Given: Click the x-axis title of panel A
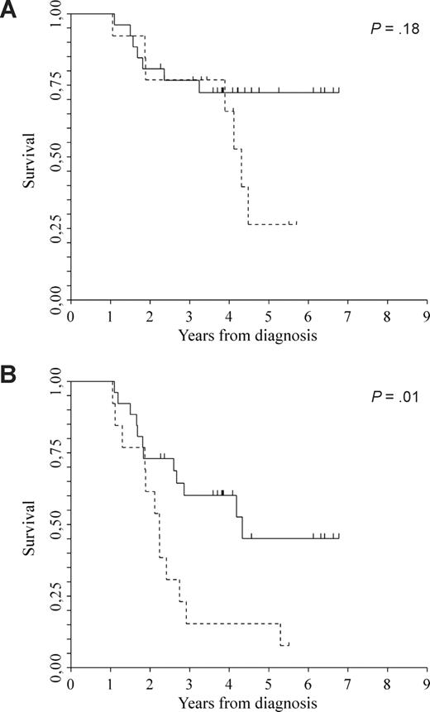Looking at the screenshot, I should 247,337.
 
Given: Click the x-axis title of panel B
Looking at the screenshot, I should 247,704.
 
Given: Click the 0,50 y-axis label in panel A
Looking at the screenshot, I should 55,157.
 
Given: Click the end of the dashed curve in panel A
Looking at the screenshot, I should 296,223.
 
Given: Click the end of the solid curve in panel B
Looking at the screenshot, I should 339,538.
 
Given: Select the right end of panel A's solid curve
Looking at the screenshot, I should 339,92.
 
